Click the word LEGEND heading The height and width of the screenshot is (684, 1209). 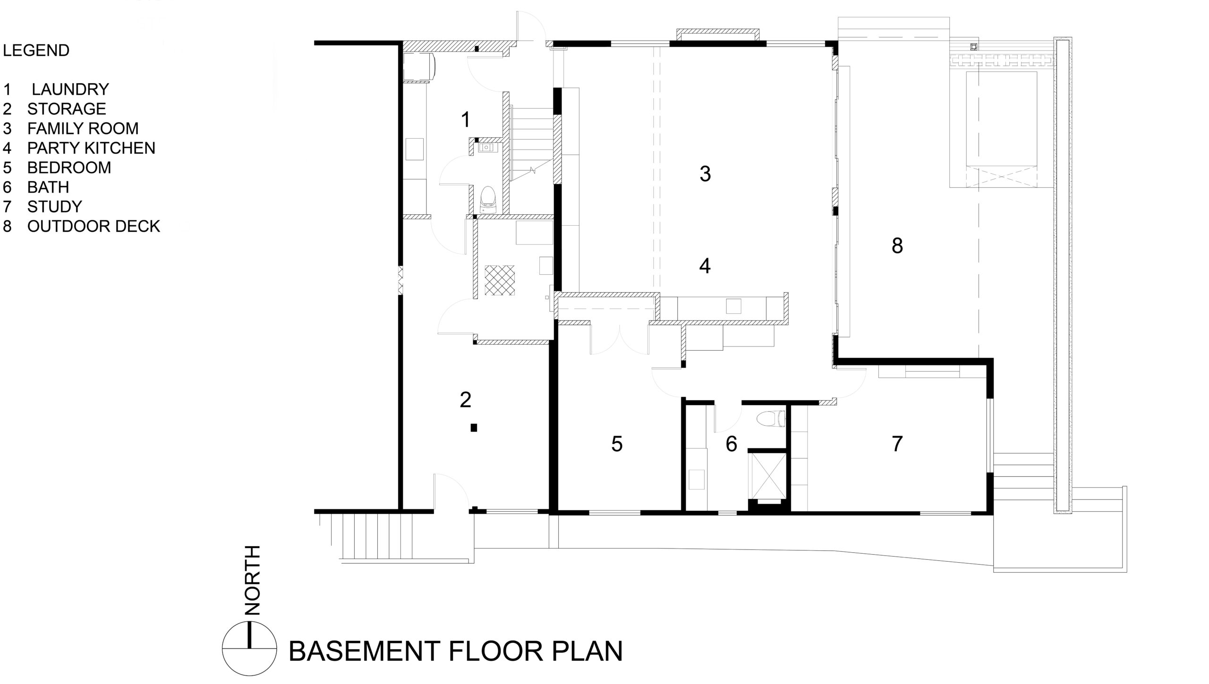(36, 51)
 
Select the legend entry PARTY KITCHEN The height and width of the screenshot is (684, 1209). (91, 148)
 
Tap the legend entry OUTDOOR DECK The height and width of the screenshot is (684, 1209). (94, 227)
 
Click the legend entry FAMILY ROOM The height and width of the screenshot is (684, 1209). (83, 128)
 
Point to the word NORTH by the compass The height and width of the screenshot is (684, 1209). (253, 580)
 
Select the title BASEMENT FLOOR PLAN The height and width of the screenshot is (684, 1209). (455, 651)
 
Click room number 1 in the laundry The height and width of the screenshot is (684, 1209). (466, 120)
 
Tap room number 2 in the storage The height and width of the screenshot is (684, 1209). (465, 400)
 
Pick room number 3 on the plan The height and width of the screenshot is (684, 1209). (705, 174)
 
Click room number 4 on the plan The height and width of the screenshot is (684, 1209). (705, 266)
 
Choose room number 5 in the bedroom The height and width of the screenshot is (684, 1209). (617, 444)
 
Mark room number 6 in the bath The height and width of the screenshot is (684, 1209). (731, 444)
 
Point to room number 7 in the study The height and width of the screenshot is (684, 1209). (897, 444)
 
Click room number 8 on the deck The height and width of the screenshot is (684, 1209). (897, 246)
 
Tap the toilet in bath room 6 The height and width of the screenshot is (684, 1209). (770, 419)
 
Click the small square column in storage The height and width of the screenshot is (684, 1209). (474, 428)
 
